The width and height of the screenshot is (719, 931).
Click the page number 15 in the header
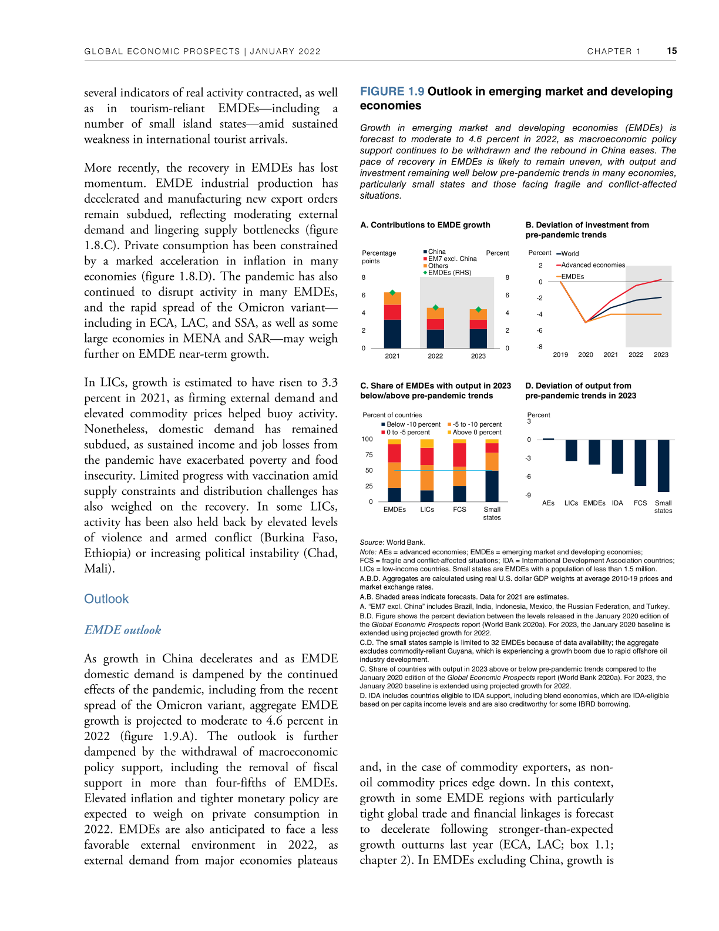point(671,51)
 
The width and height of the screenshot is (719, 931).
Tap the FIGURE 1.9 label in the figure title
point(392,92)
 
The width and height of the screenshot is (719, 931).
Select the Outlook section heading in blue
point(106,599)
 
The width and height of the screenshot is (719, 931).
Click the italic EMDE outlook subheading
point(122,630)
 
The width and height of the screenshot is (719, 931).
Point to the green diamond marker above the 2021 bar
point(392,292)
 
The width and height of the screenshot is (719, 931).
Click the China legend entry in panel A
point(436,252)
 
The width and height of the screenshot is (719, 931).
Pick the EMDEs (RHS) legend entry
point(449,273)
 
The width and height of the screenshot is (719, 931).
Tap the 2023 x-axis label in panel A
point(478,356)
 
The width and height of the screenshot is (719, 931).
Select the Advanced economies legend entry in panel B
point(593,265)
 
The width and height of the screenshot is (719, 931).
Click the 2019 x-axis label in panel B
point(560,355)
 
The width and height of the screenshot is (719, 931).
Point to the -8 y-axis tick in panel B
point(539,347)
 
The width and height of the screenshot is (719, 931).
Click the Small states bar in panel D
point(663,466)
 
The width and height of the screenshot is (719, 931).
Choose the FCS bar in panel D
point(640,463)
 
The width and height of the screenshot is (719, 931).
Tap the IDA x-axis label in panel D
point(617,503)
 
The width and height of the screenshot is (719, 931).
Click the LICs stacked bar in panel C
point(427,470)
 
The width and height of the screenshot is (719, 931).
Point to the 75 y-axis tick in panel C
point(369,455)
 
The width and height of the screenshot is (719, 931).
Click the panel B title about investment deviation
point(587,230)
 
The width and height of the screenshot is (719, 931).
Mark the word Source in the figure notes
point(371,542)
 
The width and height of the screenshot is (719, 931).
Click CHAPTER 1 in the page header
point(613,52)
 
